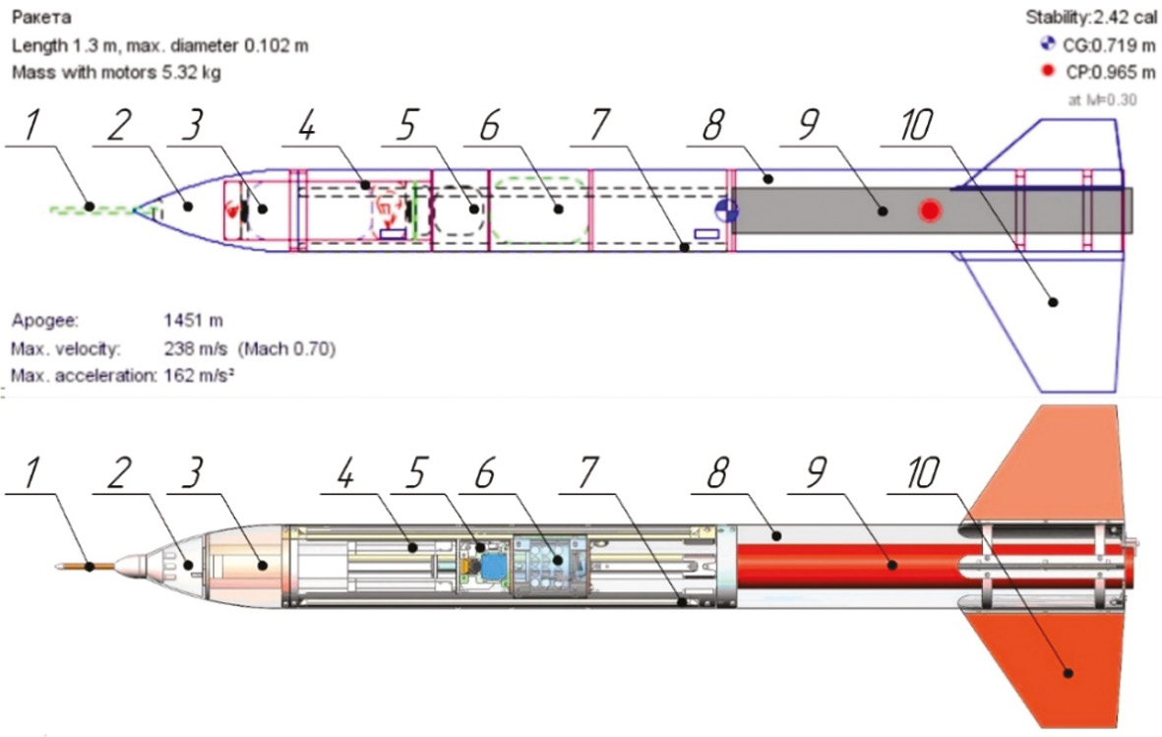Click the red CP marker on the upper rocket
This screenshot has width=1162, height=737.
click(x=930, y=210)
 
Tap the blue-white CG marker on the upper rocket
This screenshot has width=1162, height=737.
click(x=726, y=209)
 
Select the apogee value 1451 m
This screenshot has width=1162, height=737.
click(x=194, y=320)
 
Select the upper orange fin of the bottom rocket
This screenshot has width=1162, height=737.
click(x=1043, y=462)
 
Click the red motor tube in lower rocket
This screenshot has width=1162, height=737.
click(x=846, y=566)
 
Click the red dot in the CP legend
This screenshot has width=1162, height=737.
click(x=1048, y=71)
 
